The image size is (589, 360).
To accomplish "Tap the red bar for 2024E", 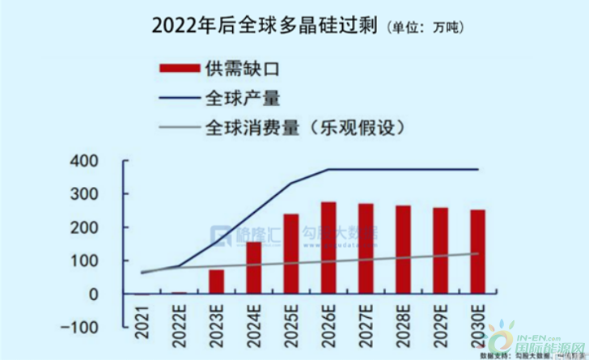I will [254, 267].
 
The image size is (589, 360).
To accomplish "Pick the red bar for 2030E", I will [478, 252].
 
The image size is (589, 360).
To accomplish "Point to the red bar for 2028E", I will [404, 249].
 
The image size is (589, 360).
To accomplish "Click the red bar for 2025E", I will [291, 253].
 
